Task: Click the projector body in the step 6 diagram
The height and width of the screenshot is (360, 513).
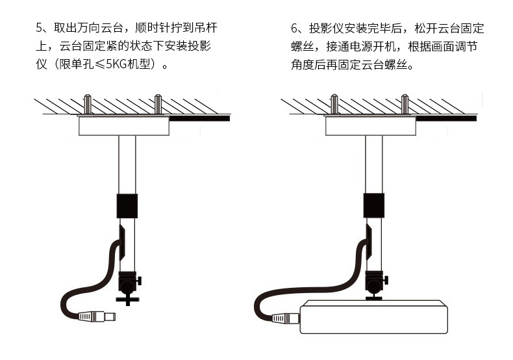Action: [x=373, y=317]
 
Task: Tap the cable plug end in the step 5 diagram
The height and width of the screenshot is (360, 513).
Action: [x=97, y=316]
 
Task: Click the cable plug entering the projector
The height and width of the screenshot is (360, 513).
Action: [x=286, y=318]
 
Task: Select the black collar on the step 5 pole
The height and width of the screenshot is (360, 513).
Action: [x=127, y=206]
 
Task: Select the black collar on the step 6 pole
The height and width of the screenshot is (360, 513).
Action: [x=374, y=205]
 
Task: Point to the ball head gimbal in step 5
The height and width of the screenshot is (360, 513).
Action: [x=129, y=283]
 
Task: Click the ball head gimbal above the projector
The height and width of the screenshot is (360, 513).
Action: [x=375, y=282]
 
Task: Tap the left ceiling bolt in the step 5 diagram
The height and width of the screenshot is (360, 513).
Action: [x=88, y=104]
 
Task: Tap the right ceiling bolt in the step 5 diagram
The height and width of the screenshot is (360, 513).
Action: [x=158, y=104]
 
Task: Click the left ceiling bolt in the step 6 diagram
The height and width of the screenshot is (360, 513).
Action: [x=334, y=104]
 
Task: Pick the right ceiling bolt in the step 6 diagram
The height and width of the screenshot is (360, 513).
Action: [x=405, y=104]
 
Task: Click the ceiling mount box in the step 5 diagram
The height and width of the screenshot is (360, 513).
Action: [x=124, y=125]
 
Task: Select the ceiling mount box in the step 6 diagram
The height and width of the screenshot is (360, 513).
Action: [x=371, y=125]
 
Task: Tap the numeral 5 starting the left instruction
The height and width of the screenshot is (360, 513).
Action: [x=39, y=28]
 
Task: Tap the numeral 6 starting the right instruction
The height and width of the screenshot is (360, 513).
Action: [x=294, y=29]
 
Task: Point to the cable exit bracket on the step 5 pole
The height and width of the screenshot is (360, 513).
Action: [x=121, y=242]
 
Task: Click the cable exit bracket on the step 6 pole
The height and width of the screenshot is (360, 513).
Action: [x=369, y=242]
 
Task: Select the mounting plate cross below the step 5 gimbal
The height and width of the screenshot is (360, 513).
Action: [x=128, y=300]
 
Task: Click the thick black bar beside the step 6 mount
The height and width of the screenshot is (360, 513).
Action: [x=446, y=118]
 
